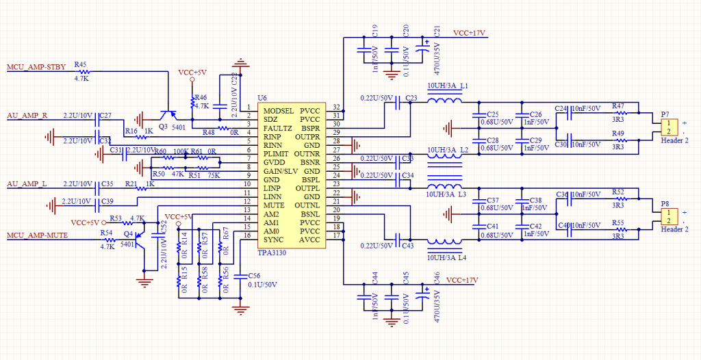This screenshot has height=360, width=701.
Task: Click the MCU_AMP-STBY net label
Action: point(36,67)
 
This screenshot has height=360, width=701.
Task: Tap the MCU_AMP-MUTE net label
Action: point(36,236)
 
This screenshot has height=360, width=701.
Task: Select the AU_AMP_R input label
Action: point(27,114)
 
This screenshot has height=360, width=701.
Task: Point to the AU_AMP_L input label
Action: point(27,184)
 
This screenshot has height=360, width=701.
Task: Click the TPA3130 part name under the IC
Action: point(272,253)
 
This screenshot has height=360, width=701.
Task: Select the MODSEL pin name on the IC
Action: point(278,110)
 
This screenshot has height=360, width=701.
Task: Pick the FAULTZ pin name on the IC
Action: point(277,128)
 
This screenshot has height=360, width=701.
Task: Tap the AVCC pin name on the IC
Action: point(309,240)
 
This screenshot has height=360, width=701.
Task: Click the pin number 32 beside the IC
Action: point(336,107)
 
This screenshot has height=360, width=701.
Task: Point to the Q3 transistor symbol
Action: point(165,116)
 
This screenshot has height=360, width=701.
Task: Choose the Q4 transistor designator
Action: point(128,234)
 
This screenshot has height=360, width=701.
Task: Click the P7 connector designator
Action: point(665,114)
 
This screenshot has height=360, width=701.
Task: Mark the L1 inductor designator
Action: point(463,86)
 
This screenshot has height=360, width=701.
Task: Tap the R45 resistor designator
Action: point(80,64)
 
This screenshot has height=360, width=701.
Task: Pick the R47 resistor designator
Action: point(618,106)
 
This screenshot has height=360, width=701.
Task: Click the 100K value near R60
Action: point(181,151)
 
